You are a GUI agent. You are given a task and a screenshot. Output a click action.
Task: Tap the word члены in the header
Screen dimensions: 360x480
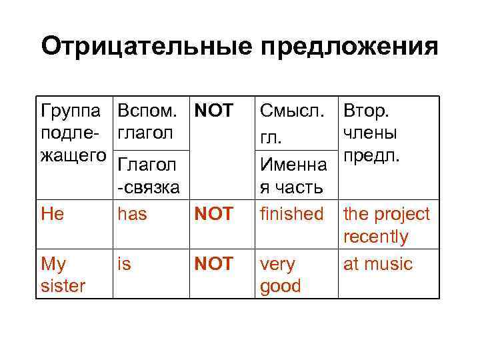coord(370,133)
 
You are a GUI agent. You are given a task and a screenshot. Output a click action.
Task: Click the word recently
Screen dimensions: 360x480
coord(375,237)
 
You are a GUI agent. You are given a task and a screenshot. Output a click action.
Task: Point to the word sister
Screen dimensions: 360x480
coord(63,287)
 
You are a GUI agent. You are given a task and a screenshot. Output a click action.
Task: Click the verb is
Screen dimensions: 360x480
coord(125,265)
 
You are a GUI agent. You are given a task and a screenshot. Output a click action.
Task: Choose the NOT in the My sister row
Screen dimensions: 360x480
coord(213,265)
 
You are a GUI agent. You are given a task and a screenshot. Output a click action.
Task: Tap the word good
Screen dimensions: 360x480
coord(280,287)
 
